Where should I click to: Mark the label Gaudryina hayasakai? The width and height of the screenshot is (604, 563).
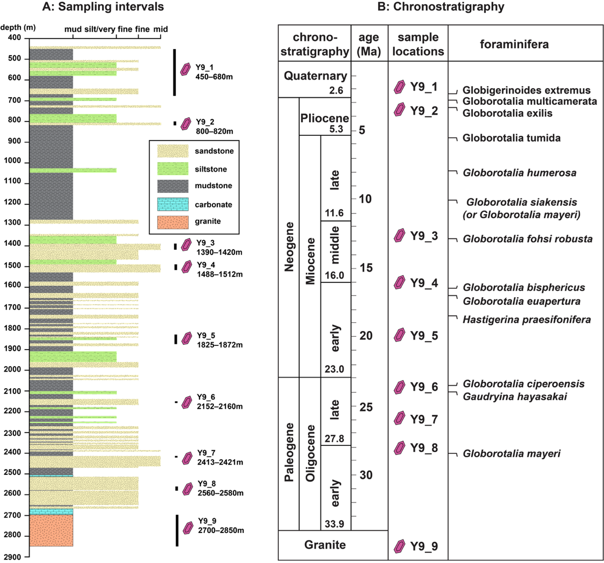click(x=507, y=396)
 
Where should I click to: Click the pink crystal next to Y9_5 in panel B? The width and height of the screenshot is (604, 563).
click(x=399, y=336)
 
